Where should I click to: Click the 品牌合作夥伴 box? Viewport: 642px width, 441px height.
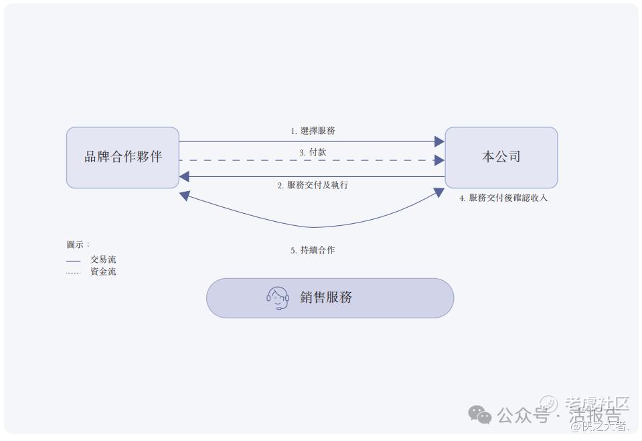[123, 157]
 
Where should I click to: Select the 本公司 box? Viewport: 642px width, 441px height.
[501, 157]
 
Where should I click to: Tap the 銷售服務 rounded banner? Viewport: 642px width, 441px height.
[329, 298]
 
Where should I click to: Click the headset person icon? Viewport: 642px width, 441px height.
[277, 298]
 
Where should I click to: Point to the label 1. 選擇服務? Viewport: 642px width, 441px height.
[313, 131]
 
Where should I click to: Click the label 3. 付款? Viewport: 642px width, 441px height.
[313, 152]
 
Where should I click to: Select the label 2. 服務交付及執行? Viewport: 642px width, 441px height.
[313, 185]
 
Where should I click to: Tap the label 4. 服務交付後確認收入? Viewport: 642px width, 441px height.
[503, 198]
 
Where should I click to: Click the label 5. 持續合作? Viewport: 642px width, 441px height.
[313, 250]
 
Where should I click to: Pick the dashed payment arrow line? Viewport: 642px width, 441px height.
[301, 160]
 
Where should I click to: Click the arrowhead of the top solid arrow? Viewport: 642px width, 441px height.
[439, 141]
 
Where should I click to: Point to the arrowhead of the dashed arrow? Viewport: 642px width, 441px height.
[439, 160]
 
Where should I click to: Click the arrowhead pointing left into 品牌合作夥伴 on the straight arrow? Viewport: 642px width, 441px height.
[185, 176]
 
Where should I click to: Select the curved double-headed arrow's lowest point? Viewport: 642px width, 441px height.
[313, 227]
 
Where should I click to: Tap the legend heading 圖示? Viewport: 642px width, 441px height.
[78, 245]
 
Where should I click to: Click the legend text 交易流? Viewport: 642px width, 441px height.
[103, 259]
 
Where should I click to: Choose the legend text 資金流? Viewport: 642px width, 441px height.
[103, 271]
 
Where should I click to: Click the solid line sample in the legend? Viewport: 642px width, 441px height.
[73, 261]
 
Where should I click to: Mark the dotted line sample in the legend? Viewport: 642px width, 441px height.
[73, 273]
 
